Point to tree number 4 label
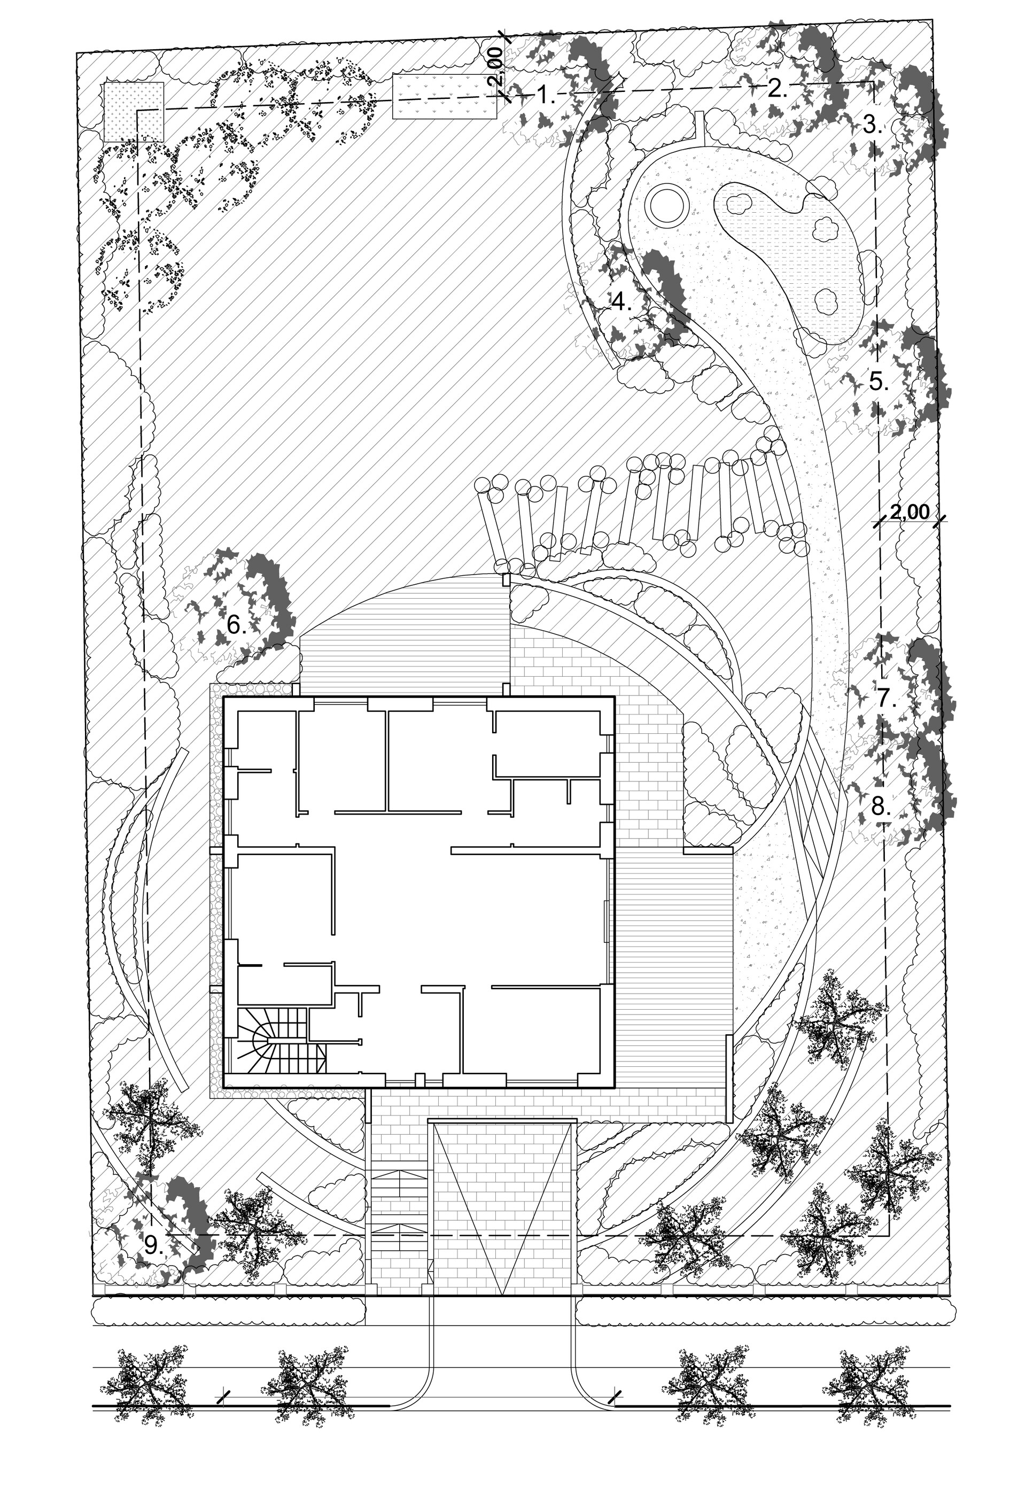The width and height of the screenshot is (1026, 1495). [x=621, y=301]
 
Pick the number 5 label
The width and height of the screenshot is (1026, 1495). [x=879, y=382]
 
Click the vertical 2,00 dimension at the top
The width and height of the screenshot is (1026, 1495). [x=495, y=69]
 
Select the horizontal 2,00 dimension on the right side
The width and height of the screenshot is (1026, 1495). [x=910, y=513]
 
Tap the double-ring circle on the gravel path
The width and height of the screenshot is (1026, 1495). [x=664, y=205]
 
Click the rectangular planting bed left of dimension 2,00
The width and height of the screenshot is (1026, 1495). [x=446, y=96]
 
